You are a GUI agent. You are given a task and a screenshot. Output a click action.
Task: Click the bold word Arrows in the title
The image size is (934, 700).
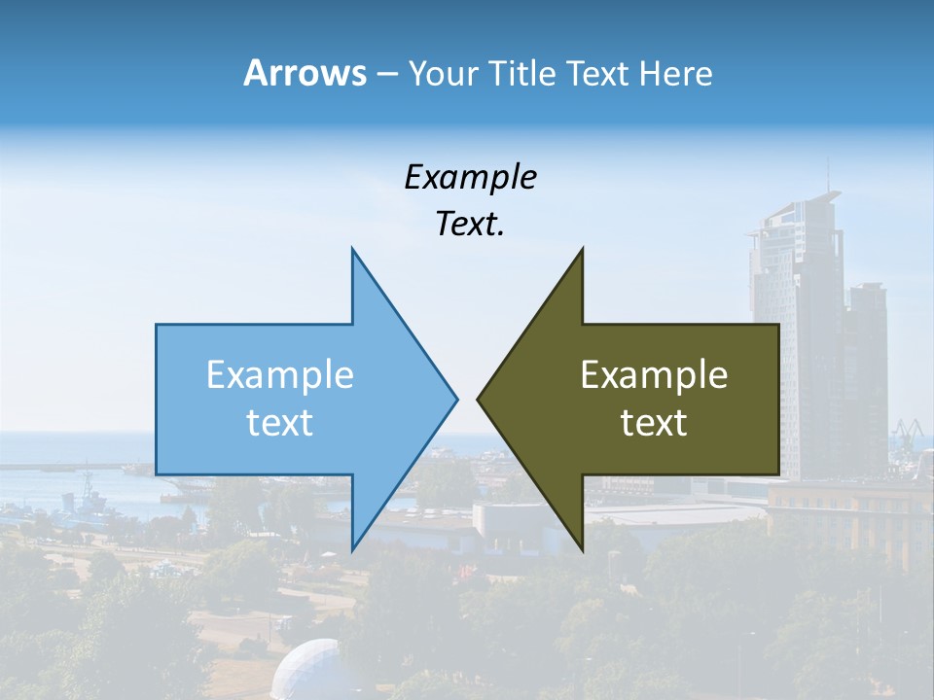tap(305, 73)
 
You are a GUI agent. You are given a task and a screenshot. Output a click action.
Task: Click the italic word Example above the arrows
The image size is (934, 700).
tap(470, 177)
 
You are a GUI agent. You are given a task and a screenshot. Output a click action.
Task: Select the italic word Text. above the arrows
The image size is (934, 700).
tap(470, 225)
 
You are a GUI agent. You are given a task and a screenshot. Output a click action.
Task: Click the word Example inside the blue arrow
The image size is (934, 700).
tap(280, 374)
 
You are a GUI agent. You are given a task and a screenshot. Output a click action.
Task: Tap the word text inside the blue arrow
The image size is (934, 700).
tap(280, 423)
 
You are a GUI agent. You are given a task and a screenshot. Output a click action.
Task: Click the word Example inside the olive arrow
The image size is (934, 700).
tap(654, 374)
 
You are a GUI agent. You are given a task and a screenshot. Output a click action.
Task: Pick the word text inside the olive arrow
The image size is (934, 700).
tap(654, 423)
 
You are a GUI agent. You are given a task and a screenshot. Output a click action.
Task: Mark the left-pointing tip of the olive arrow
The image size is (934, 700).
tap(479, 399)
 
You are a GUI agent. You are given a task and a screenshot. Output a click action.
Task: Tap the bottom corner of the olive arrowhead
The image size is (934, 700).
tap(581, 548)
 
